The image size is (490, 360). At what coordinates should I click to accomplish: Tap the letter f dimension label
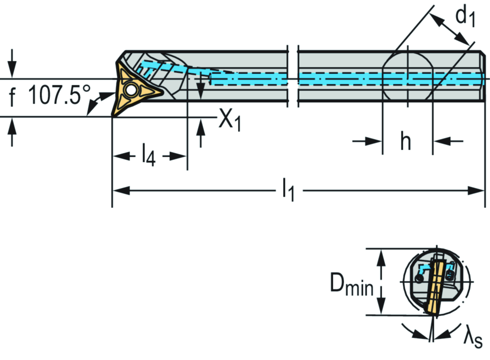(12, 98)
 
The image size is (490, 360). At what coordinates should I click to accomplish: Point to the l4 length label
(149, 156)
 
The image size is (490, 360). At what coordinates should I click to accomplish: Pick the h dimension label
(406, 142)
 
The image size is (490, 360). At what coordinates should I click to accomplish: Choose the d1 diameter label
(465, 17)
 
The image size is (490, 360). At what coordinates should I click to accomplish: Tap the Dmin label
(352, 286)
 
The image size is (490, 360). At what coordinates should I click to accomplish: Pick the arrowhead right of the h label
(438, 141)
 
